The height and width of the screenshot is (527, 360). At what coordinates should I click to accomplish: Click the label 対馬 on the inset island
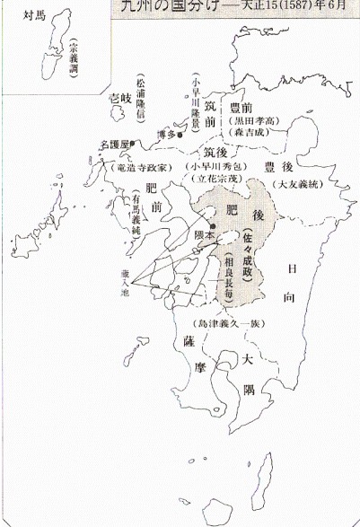click(31, 16)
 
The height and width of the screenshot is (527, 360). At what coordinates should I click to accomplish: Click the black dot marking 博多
click(180, 135)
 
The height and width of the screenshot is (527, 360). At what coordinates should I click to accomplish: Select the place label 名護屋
click(117, 144)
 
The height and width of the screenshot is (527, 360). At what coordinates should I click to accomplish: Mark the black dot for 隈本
click(213, 225)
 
